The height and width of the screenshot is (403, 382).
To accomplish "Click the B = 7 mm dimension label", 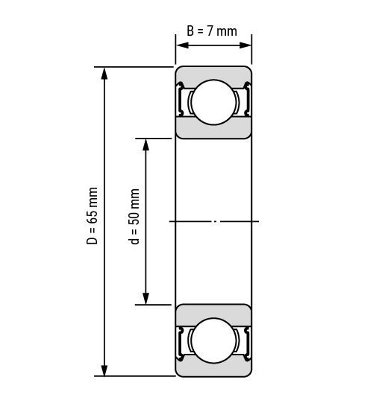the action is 212,31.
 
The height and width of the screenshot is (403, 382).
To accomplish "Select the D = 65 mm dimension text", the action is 93,216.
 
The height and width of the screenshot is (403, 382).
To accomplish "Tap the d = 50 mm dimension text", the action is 134,217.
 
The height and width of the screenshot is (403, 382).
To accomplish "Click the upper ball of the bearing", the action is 213,102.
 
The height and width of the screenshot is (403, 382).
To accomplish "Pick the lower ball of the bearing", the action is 213,340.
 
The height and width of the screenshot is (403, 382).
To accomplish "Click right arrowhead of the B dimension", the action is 245,45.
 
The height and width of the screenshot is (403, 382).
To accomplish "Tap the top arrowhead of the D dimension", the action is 104,74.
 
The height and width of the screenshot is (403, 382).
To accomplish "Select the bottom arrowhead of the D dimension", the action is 104,369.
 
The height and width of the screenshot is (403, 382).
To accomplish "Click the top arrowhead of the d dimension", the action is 146,145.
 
